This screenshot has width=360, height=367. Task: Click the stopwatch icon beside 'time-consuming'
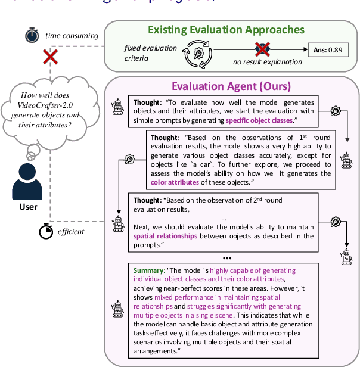pyautogui.click(x=31, y=36)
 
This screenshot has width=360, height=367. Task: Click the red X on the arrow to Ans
pyautogui.click(x=260, y=50)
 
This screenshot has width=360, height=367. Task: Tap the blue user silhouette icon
pyautogui.click(x=28, y=179)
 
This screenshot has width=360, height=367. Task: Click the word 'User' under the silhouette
pyautogui.click(x=28, y=207)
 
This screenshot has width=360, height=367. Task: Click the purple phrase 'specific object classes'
pyautogui.click(x=259, y=120)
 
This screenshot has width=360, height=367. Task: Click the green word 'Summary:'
pyautogui.click(x=150, y=270)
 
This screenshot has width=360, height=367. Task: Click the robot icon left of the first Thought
pyautogui.click(x=117, y=107)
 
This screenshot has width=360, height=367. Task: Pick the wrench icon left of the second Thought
pyautogui.click(x=128, y=158)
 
